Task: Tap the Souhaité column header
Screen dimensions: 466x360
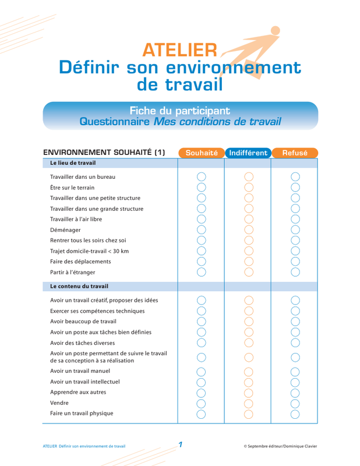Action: [201, 153]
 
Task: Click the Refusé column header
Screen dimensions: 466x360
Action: [295, 153]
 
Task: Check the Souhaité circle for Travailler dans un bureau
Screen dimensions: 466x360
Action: [202, 176]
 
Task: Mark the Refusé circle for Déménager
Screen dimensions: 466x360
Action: [295, 230]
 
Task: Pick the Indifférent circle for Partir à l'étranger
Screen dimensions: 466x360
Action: [249, 271]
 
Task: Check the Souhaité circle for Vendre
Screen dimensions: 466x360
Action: [202, 403]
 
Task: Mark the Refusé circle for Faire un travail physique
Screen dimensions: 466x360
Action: [295, 414]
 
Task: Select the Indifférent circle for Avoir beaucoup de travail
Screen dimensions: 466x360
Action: [249, 321]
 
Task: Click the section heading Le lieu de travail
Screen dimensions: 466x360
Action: [73, 163]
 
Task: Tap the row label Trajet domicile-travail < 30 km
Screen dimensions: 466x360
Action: [89, 250]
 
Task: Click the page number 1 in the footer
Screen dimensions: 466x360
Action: [181, 445]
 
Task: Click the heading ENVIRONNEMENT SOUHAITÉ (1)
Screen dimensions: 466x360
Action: [104, 153]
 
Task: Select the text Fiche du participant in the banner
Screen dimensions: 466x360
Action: [179, 111]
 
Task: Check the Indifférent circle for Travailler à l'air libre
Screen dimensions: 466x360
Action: [249, 219]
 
